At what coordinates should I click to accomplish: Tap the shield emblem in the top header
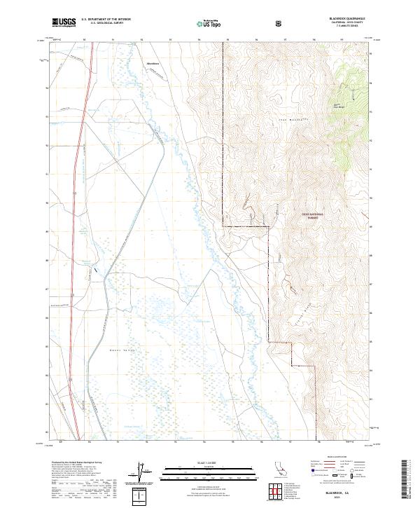pyautogui.click(x=279, y=23)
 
